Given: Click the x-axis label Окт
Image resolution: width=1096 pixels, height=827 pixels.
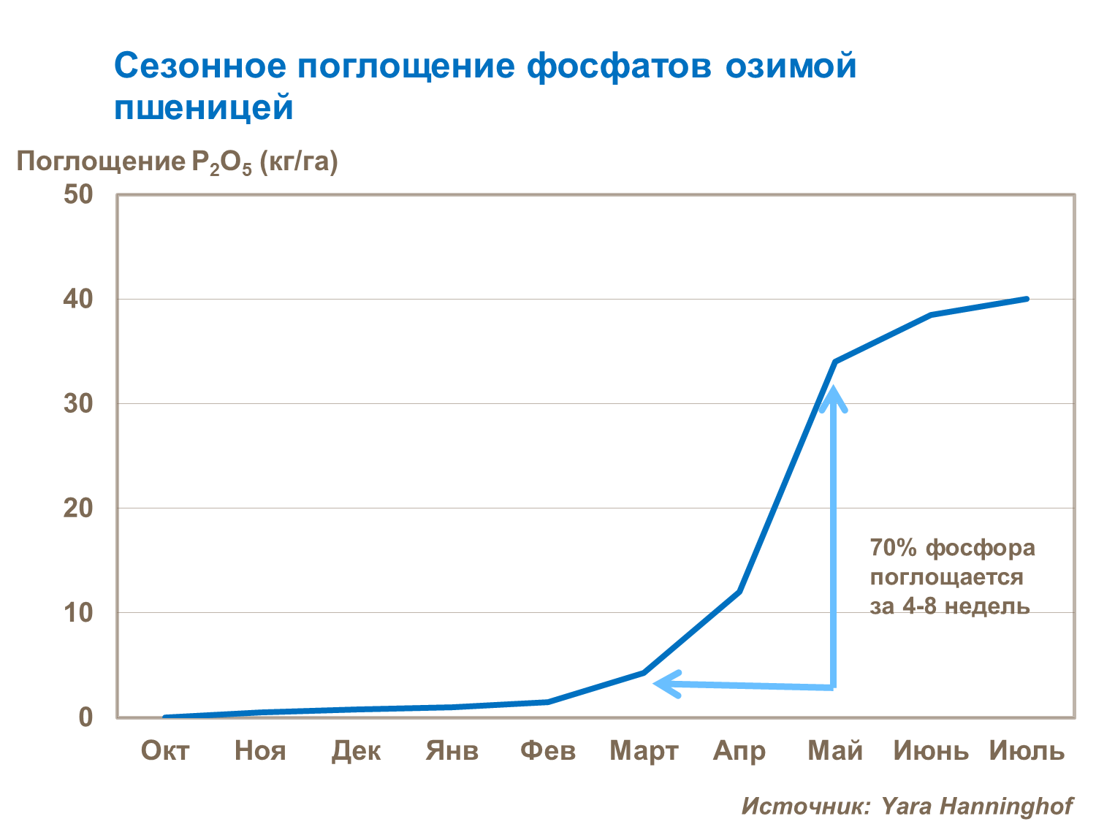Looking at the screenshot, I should pos(165,750).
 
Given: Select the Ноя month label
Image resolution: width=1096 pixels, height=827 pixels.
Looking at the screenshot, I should pos(260,750).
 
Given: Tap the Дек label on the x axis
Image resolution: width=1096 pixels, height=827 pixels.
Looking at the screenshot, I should pos(356,750).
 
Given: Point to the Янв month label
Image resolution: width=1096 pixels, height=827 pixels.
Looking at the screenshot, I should pos(452,750).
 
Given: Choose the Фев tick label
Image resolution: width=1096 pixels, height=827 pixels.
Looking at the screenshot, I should pos(548,750).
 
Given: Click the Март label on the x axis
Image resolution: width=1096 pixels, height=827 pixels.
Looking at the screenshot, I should pos(644,750).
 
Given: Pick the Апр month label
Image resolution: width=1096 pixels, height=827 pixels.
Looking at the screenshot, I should pos(739,750).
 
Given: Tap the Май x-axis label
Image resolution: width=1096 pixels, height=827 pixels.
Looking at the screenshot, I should pos(835,750).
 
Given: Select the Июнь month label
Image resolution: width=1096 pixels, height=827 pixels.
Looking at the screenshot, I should pos(932,750).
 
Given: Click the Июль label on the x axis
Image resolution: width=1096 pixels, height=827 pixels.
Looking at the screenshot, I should pos(1027,750).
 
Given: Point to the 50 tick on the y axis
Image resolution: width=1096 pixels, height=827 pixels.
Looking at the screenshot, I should pos(79,195).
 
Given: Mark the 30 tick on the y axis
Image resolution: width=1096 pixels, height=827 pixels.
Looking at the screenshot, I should pos(79,404).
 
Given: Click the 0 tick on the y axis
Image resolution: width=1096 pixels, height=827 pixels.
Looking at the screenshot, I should pos(86,717).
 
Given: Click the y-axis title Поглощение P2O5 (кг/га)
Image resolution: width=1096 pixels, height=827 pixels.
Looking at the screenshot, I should pos(178,162).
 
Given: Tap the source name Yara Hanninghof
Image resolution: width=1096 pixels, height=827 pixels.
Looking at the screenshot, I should pos(977,806).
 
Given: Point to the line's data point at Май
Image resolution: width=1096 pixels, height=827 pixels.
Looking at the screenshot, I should pos(835,362).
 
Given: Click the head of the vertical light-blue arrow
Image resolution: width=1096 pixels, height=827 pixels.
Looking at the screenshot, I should pos(833,395).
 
